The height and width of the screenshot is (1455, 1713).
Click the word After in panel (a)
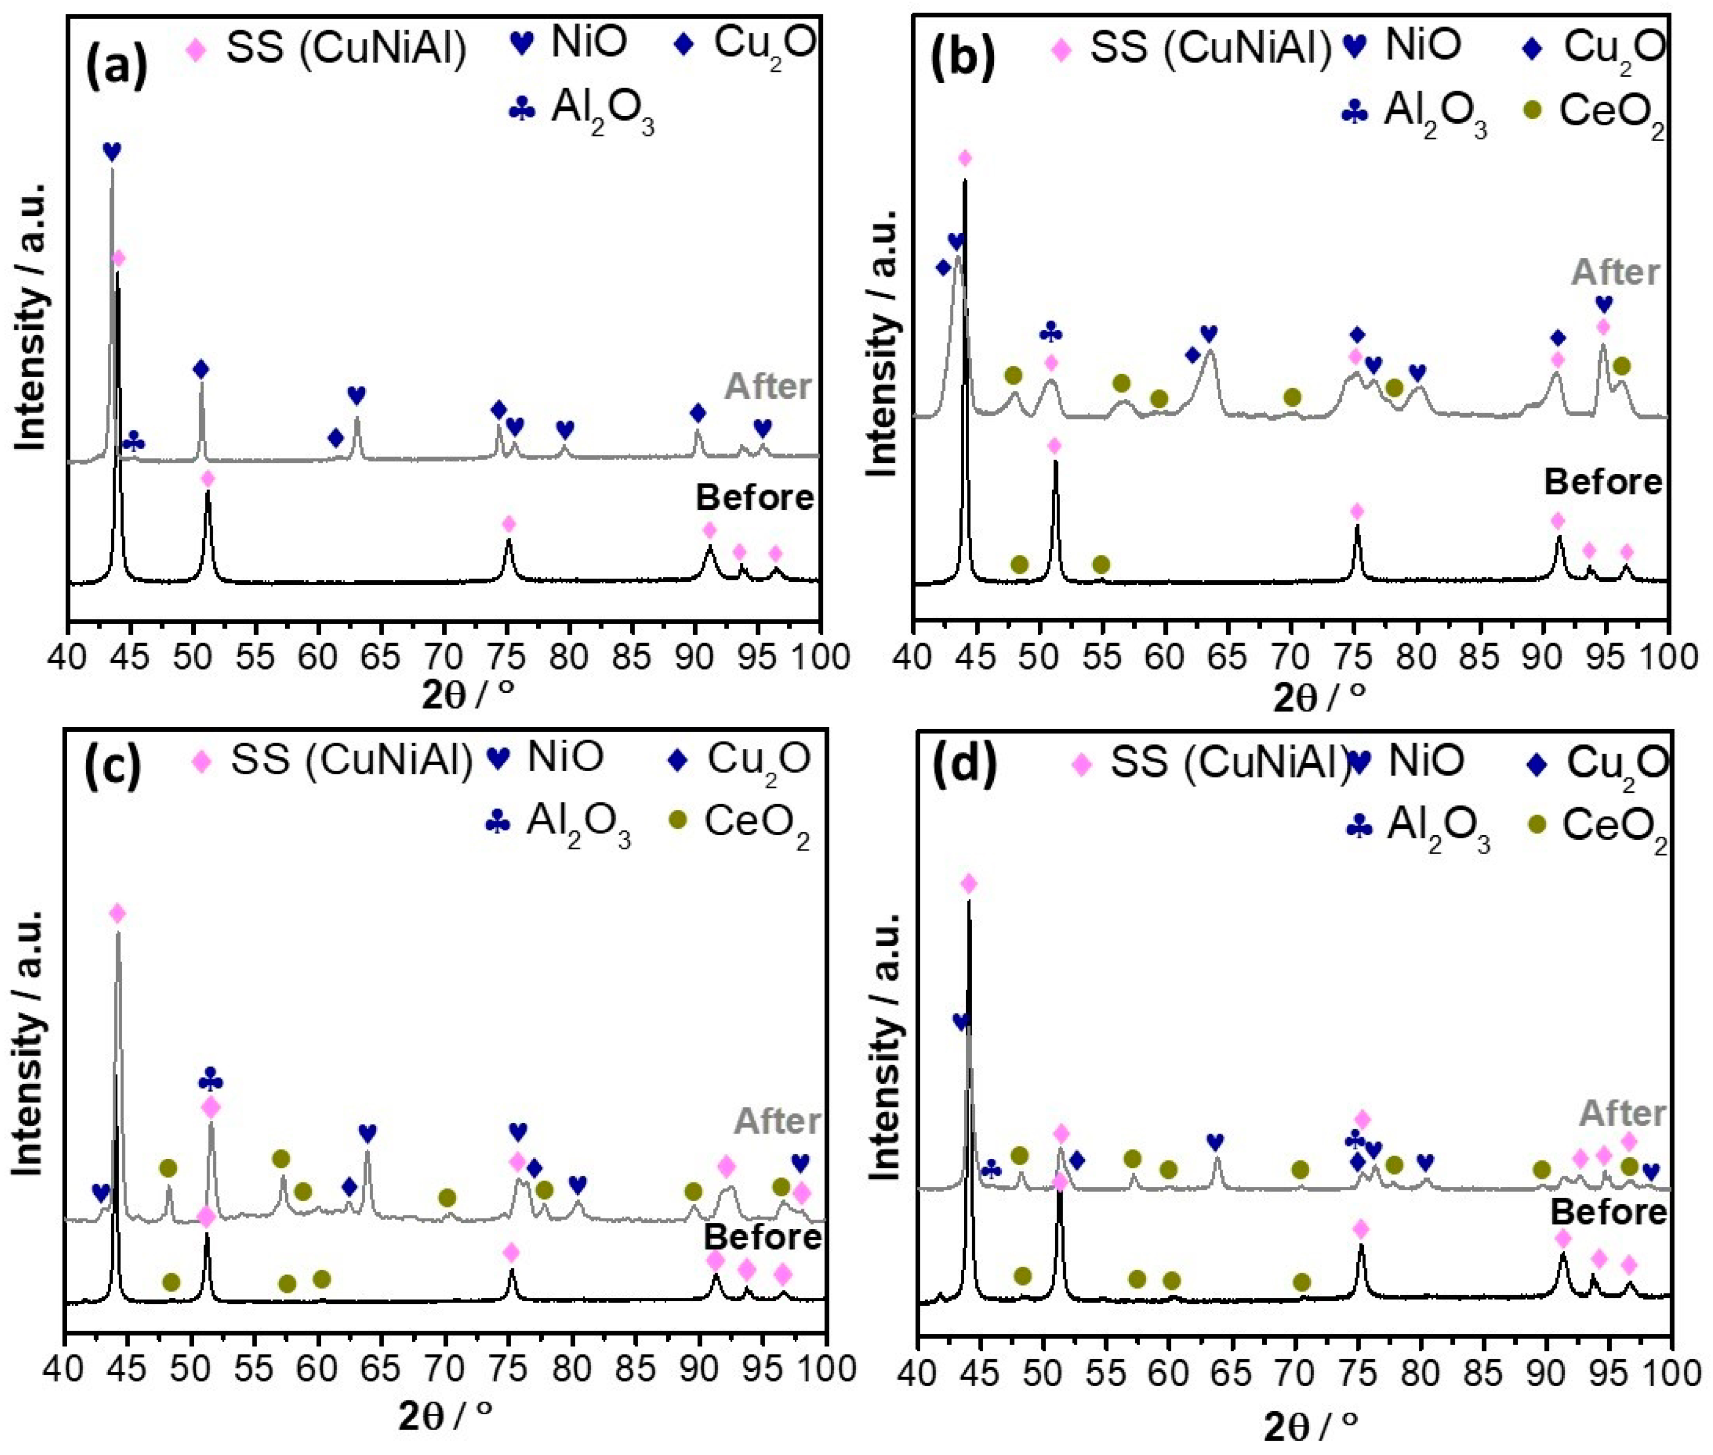point(769,386)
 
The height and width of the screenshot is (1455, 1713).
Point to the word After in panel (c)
point(778,1120)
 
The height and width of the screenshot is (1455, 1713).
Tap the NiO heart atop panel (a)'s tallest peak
point(112,151)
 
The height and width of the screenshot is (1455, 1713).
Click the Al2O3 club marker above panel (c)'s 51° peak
point(211,1081)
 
